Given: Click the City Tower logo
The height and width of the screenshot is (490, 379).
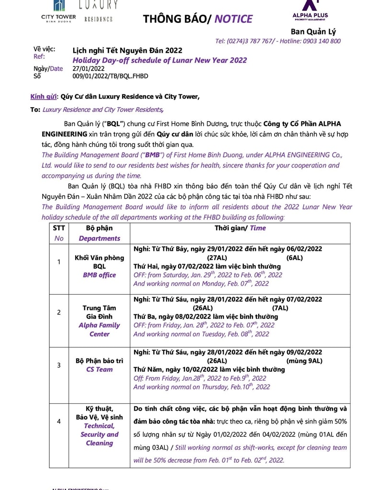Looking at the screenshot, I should [x=58, y=12].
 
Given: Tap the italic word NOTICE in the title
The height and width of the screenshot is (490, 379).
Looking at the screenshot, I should [x=233, y=19].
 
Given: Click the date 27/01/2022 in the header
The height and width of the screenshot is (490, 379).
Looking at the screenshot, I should [x=88, y=68].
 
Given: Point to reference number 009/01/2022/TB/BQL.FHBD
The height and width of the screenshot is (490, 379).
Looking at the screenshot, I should [x=110, y=76].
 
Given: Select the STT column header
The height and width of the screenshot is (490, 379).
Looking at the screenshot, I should [x=58, y=228].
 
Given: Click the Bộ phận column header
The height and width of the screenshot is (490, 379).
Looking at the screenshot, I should [x=99, y=228].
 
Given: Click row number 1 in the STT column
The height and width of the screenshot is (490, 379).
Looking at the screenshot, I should [x=58, y=262].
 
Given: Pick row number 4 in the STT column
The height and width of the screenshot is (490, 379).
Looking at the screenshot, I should [x=58, y=422].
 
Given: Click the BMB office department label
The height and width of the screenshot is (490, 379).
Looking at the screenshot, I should [x=99, y=275].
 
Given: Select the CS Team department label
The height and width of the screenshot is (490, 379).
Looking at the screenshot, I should [x=99, y=369].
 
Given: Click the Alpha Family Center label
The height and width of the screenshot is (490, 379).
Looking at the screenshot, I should [x=99, y=329].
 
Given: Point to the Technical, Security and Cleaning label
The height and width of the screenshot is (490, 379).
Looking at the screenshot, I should [x=99, y=434].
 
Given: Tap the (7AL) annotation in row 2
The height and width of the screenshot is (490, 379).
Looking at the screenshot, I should [x=280, y=308].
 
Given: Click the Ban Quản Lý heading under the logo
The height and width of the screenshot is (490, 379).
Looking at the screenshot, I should [x=313, y=32].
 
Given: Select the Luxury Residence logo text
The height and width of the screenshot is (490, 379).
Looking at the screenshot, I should [x=98, y=11].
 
